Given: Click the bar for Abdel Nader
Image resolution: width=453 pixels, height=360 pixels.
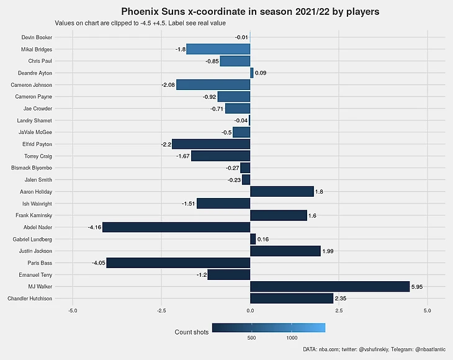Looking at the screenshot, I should point(176,227).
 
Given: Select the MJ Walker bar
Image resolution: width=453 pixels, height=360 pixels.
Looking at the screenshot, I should point(330,287).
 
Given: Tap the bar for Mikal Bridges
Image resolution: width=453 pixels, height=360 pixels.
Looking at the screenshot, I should point(218,49).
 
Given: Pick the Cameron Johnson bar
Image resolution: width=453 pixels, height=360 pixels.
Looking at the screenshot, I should point(213,85).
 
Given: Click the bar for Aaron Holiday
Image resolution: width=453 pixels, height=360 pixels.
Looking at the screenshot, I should point(282,192).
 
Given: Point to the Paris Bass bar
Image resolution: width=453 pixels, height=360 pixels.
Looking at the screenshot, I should point(178,263).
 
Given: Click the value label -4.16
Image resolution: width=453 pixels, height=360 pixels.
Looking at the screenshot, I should point(94,228).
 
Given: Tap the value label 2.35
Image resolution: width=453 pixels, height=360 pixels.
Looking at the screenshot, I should point(341,299).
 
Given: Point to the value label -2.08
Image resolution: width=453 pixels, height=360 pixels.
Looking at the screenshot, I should point(168,85).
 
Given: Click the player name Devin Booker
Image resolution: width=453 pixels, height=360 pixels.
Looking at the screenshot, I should point(37,37).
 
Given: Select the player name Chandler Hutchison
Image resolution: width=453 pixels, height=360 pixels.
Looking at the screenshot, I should point(30,299).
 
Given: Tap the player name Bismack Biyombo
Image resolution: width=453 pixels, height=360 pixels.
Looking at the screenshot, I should point(32,168).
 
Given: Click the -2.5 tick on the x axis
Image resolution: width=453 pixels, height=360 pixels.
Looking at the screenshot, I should point(161,310).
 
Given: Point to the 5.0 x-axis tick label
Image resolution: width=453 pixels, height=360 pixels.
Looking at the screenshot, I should point(427,310).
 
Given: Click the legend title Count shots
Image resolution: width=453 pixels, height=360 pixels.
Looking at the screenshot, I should point(192,333).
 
